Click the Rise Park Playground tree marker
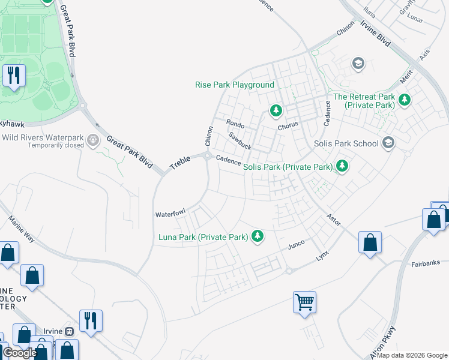(x=276, y=110)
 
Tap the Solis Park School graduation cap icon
(x=388, y=143)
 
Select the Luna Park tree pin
(x=258, y=236)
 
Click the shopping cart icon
(x=304, y=302)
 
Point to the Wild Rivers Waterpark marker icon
(x=93, y=140)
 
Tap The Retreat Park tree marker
(x=405, y=99)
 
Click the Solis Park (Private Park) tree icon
(x=342, y=165)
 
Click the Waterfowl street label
(x=171, y=214)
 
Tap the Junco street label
(x=297, y=244)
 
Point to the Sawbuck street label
(x=240, y=141)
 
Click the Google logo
(x=20, y=353)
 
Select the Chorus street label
(x=288, y=127)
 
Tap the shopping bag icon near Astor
(x=370, y=242)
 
